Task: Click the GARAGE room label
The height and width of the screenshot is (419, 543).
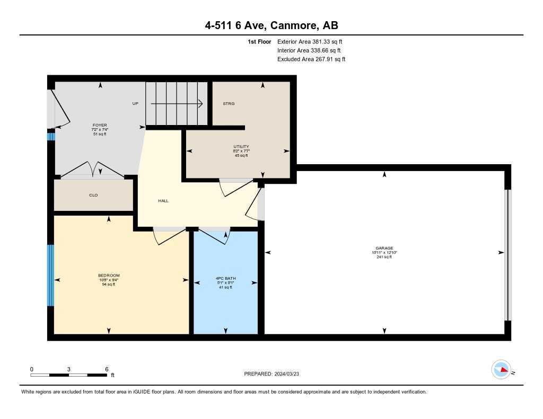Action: pos(384,248)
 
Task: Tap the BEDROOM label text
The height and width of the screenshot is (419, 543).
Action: pos(109,275)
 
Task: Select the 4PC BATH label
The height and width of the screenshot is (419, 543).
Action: pos(225,278)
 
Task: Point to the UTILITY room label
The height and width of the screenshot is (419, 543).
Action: pos(241,146)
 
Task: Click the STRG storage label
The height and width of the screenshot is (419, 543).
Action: pos(229,104)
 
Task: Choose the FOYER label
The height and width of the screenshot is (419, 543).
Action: pos(100,125)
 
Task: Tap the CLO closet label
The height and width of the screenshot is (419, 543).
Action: pos(93,195)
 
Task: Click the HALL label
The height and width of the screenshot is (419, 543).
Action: pos(163,201)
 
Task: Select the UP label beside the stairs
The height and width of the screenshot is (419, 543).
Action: pos(135,104)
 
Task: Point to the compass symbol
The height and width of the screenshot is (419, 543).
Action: pos(501,370)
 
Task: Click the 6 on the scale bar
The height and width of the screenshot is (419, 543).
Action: pos(107,369)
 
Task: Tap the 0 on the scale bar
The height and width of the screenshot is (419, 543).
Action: pos(32,369)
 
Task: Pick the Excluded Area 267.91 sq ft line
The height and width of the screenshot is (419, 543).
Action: pos(311,59)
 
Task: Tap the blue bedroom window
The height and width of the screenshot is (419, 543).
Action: pos(51,275)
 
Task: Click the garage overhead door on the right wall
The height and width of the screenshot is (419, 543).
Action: pos(507,255)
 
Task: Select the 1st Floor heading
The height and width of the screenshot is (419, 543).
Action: pos(259,41)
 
